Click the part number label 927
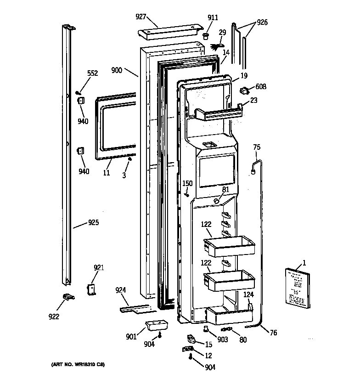click(x=141, y=17)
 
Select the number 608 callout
click(x=261, y=86)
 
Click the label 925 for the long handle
click(x=93, y=223)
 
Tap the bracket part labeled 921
click(x=91, y=288)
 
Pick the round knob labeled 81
click(x=216, y=200)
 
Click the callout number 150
click(x=187, y=183)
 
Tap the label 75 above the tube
click(x=256, y=147)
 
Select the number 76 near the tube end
click(x=273, y=333)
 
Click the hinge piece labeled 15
click(x=192, y=339)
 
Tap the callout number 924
click(x=121, y=290)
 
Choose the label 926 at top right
click(x=262, y=22)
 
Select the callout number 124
click(x=248, y=294)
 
